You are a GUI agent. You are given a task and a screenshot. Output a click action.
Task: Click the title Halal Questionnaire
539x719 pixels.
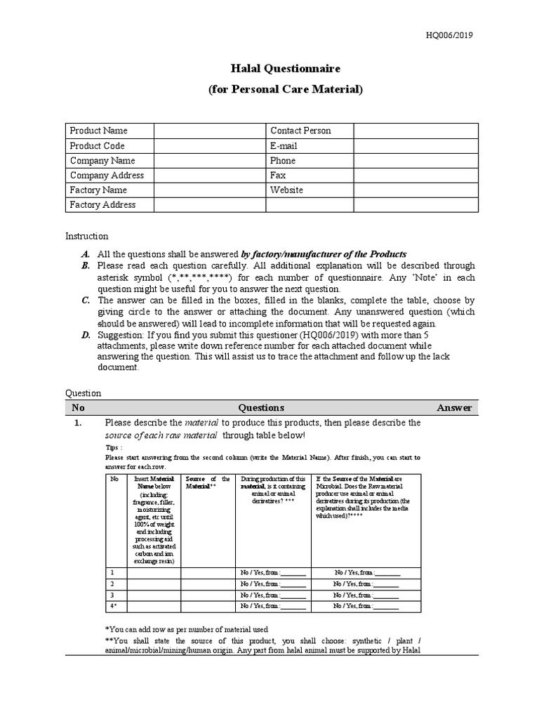(286, 69)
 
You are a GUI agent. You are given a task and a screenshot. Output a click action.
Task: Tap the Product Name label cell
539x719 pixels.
(98, 131)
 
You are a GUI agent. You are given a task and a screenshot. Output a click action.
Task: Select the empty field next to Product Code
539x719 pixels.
(209, 146)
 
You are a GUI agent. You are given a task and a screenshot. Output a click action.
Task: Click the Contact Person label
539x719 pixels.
(300, 131)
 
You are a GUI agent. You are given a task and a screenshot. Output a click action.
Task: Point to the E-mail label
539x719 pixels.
(284, 146)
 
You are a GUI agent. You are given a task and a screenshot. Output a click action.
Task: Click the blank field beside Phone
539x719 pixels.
(415, 161)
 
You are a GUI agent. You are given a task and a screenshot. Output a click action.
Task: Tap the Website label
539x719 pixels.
(286, 190)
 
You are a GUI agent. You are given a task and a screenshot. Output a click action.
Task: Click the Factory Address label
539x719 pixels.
(102, 205)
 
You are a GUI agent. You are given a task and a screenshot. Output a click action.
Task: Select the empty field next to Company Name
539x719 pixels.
(209, 161)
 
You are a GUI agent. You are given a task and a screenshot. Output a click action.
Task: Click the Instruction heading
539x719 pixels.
(87, 237)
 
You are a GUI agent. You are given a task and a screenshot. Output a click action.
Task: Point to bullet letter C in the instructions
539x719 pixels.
(85, 300)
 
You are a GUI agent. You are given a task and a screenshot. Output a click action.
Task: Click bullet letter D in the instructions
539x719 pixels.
(85, 336)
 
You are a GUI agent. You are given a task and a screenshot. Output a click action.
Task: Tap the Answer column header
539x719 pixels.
(454, 408)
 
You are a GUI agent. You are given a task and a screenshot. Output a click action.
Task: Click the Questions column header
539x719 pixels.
(261, 408)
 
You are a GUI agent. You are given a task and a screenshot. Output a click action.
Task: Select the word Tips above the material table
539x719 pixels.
(113, 447)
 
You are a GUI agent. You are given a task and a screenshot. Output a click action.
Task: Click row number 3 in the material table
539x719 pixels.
(113, 595)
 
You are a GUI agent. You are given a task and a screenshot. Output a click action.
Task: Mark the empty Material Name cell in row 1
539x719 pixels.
(154, 572)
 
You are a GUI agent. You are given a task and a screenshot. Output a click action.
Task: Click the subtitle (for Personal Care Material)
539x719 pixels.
(286, 90)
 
